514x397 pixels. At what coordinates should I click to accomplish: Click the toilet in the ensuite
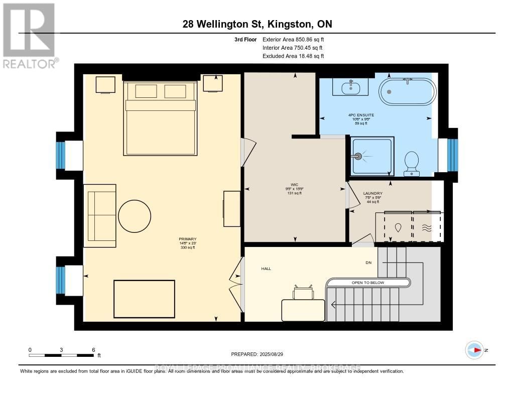point(412,164)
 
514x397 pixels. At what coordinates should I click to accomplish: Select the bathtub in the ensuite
point(407,91)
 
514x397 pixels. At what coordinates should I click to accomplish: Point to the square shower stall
point(372,157)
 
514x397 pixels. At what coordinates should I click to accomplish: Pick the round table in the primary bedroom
point(134,217)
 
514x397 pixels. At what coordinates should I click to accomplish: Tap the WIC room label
point(294,184)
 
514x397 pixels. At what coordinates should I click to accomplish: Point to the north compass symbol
point(474,350)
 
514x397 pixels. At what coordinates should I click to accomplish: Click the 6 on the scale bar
point(93,349)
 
